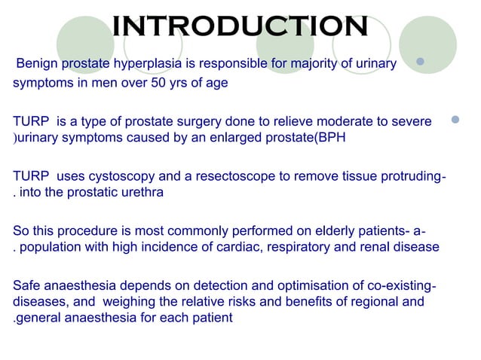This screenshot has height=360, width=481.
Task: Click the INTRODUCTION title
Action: pyautogui.click(x=240, y=26)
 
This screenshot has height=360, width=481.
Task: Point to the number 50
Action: pyautogui.click(x=144, y=83)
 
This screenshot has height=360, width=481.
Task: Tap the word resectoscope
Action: pyautogui.click(x=231, y=176)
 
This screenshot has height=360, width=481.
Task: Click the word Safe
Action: pyautogui.click(x=27, y=285)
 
